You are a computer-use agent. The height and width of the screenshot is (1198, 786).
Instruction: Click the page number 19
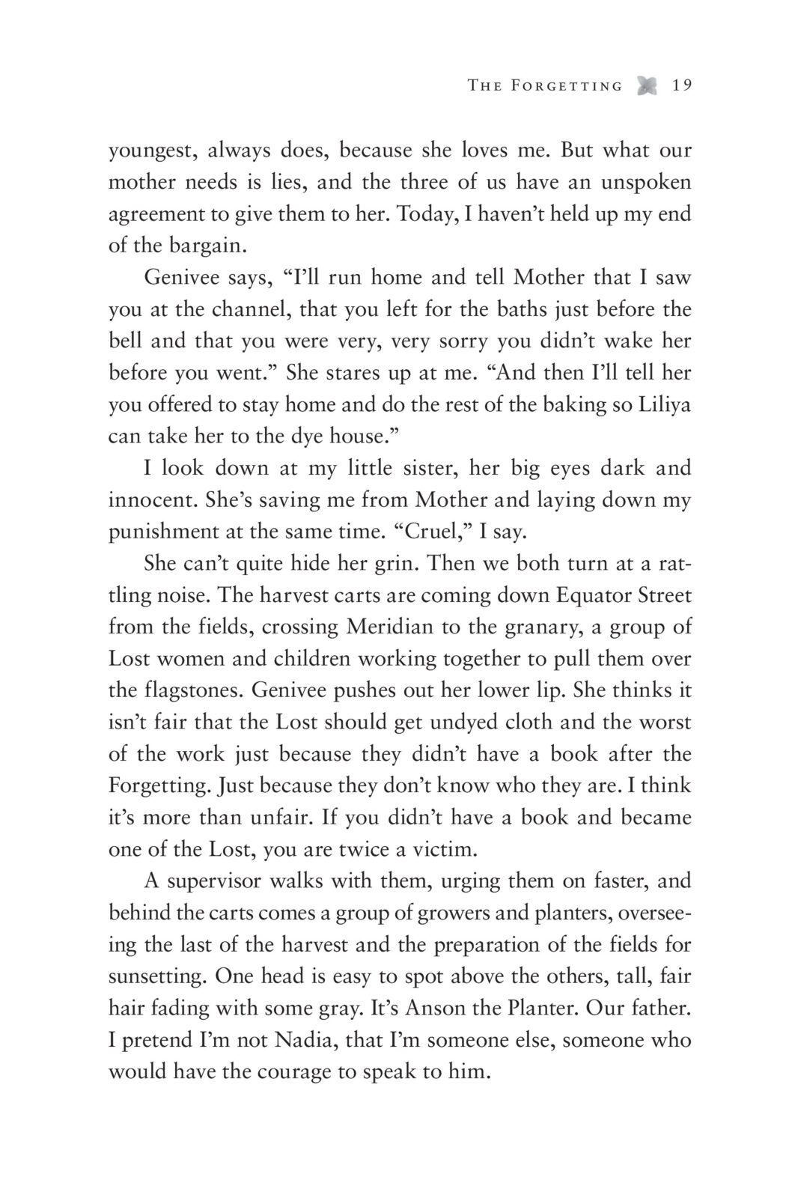(681, 85)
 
